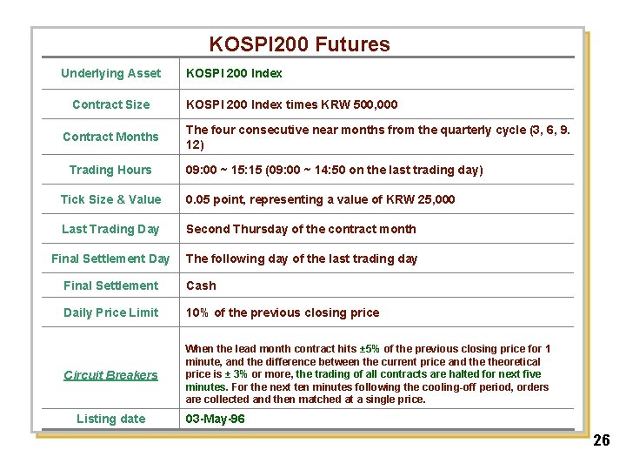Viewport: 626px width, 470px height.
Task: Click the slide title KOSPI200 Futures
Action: point(299,44)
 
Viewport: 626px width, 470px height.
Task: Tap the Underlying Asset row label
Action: point(110,73)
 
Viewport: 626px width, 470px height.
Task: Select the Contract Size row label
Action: point(110,104)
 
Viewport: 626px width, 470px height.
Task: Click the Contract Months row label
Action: point(110,137)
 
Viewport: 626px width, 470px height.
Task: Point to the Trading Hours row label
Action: point(110,170)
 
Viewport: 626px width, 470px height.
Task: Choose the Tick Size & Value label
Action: point(110,199)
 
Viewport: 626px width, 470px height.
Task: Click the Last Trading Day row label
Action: point(110,229)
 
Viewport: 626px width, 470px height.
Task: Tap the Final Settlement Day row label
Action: point(110,258)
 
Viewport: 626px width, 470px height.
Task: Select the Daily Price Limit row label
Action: point(110,312)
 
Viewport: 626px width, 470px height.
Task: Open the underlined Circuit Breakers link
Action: point(110,375)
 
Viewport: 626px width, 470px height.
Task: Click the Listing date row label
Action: point(110,419)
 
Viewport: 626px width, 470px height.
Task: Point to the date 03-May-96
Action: point(215,419)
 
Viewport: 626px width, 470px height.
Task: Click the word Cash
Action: point(201,285)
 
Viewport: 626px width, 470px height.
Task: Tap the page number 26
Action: point(602,440)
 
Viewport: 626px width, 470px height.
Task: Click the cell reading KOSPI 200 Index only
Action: point(234,73)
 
